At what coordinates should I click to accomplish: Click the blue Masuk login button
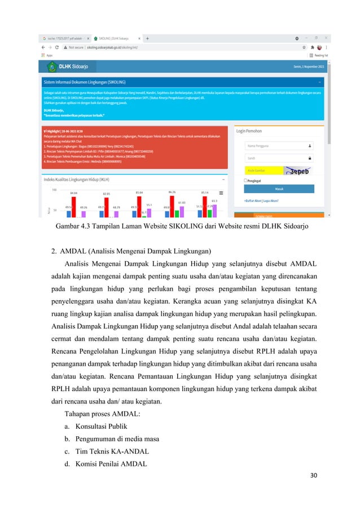[x=279, y=188]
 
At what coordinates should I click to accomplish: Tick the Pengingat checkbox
[x=245, y=181]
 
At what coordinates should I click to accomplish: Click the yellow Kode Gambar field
[x=263, y=170]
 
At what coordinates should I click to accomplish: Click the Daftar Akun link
[x=254, y=200]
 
